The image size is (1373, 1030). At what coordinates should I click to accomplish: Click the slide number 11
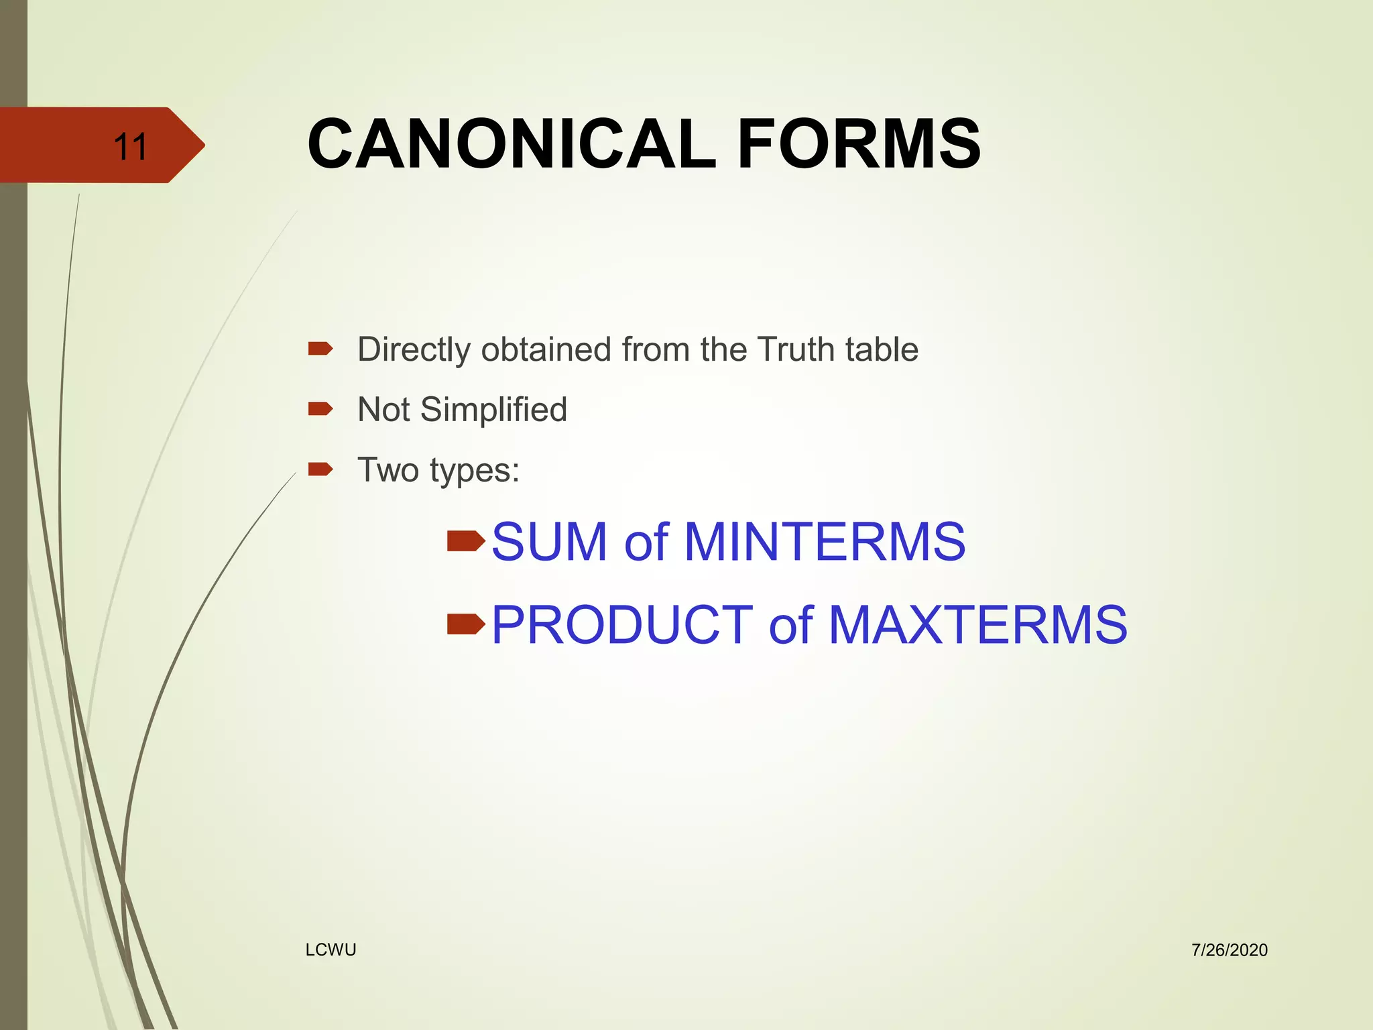pyautogui.click(x=130, y=147)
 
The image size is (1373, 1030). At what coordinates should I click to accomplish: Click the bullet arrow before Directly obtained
pyautogui.click(x=320, y=348)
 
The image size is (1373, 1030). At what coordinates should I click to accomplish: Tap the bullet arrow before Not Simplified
pyautogui.click(x=320, y=408)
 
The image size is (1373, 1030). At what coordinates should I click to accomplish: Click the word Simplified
pyautogui.click(x=493, y=410)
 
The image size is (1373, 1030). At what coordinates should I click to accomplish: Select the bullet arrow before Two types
pyautogui.click(x=320, y=469)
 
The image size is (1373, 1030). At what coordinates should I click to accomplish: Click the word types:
pyautogui.click(x=475, y=471)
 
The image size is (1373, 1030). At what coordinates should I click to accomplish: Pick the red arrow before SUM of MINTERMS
pyautogui.click(x=466, y=540)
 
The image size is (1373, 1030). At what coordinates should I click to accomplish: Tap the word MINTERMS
pyautogui.click(x=825, y=542)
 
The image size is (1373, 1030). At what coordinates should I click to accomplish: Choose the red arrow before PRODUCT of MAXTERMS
pyautogui.click(x=466, y=624)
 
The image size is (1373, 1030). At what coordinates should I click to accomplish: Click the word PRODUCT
pyautogui.click(x=621, y=625)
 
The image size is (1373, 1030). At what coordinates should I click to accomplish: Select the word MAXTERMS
pyautogui.click(x=978, y=625)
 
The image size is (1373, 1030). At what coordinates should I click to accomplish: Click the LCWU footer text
pyautogui.click(x=331, y=950)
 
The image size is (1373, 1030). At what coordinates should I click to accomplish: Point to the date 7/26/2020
pyautogui.click(x=1229, y=950)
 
